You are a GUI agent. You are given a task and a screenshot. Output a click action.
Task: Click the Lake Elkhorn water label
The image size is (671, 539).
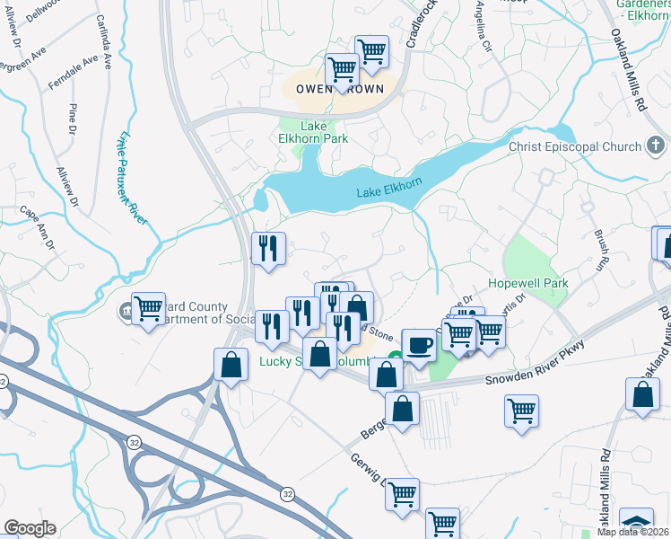coord(389,188)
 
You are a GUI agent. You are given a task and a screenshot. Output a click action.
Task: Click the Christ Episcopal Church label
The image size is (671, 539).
coord(575,146)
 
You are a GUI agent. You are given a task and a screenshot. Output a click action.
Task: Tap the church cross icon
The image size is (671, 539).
coord(656,146)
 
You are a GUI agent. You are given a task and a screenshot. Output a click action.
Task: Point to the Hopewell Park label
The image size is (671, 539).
coord(528,283)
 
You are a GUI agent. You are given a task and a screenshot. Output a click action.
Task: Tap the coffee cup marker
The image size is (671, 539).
coord(418,346)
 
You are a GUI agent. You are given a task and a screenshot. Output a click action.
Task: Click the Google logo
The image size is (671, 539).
coord(30,528)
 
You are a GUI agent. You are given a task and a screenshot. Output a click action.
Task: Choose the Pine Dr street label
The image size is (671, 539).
coord(73,119)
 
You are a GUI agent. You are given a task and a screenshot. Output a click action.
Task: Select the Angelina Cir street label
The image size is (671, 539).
coord(488,27)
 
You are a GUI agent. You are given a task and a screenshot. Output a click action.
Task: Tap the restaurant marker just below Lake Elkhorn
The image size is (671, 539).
coord(268,249)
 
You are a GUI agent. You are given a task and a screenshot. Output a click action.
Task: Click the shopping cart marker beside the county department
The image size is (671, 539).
coord(148,308)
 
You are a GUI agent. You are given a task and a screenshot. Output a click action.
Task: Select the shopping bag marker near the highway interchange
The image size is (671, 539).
coord(231,365)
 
